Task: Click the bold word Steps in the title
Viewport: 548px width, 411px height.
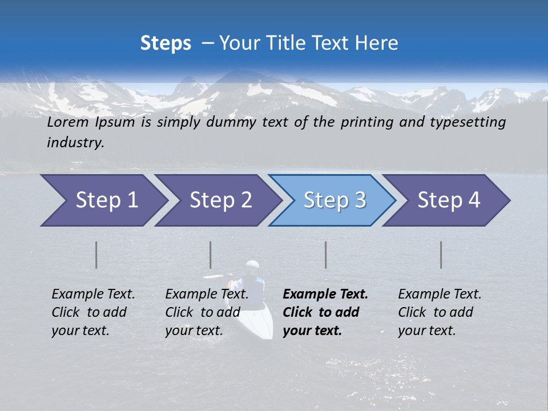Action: [166, 43]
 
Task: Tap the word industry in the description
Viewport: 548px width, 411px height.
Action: [75, 143]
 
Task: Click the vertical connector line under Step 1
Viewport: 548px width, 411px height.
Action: [96, 255]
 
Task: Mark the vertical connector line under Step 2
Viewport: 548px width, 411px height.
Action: [211, 255]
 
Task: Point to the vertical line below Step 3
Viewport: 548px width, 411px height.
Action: [326, 255]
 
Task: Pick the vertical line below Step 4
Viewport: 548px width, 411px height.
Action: [441, 255]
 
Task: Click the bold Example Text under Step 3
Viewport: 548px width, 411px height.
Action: [325, 295]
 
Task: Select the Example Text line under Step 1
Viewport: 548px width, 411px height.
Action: [93, 295]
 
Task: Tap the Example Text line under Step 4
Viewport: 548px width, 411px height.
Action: [440, 295]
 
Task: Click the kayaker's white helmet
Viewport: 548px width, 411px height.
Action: [252, 266]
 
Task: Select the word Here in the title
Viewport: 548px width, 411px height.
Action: [380, 43]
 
